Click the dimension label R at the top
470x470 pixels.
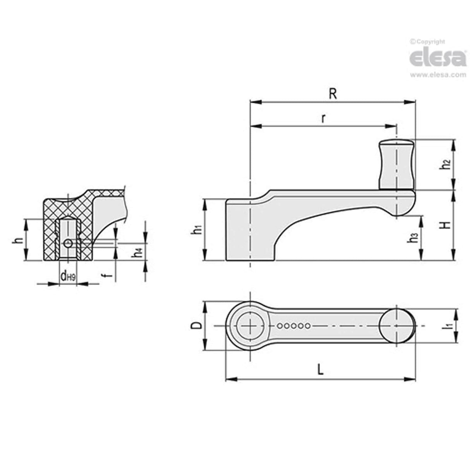[332, 94]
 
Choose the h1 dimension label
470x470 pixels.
[197, 230]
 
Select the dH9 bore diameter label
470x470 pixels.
[67, 276]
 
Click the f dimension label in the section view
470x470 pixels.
[109, 275]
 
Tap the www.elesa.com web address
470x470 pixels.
[438, 75]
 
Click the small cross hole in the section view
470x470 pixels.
[68, 243]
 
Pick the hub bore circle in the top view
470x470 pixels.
[250, 326]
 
